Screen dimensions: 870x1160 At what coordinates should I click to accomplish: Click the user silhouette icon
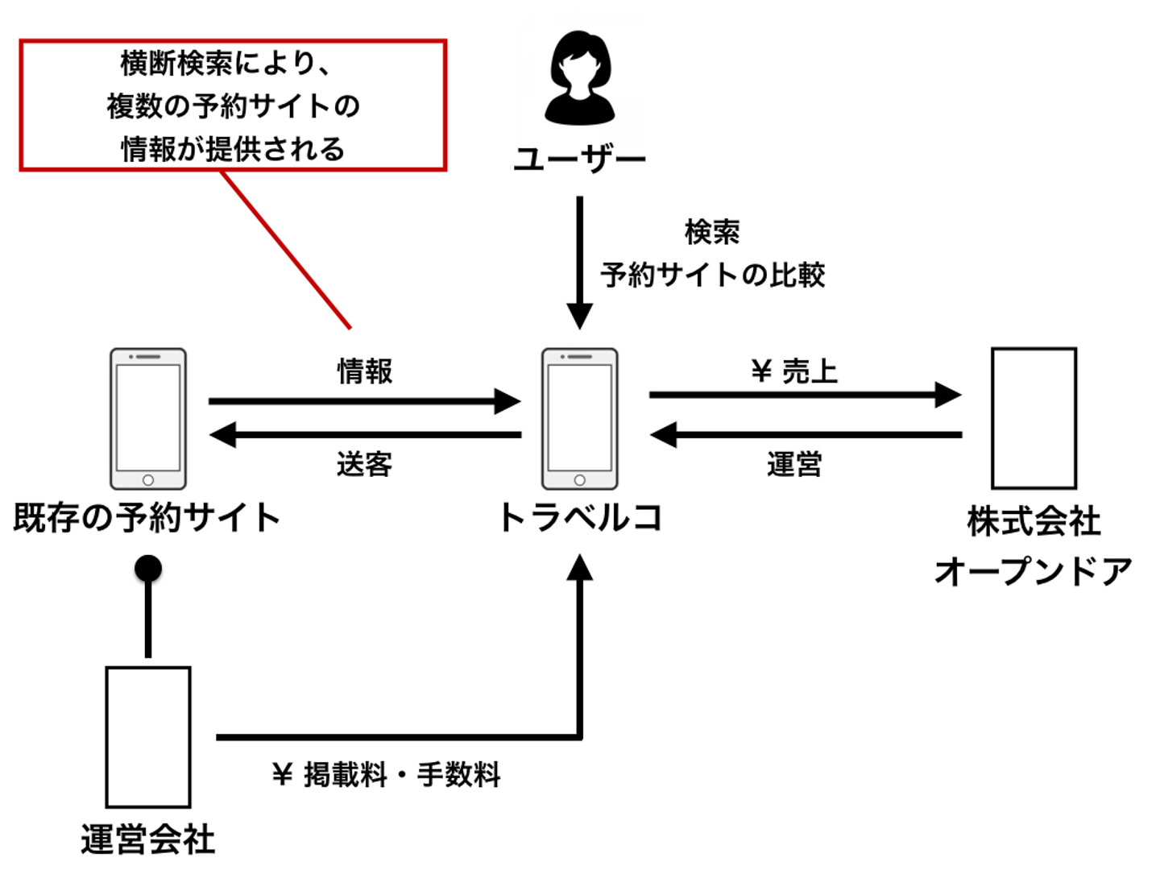pos(579,78)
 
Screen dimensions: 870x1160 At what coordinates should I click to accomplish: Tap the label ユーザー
pos(579,159)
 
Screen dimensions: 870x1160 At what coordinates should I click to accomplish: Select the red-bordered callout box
pos(233,105)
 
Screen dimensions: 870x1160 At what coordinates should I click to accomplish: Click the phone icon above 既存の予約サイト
pos(148,419)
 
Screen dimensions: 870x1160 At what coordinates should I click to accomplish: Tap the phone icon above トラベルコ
pos(579,419)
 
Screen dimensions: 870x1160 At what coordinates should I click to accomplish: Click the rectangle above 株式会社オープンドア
pos(1034,418)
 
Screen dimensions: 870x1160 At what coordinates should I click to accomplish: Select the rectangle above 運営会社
pos(148,736)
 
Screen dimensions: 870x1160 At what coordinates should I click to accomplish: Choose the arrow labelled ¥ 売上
pos(806,395)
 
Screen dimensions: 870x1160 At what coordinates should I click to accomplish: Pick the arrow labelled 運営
pos(806,435)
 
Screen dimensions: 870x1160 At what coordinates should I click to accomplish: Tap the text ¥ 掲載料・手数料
pos(387,775)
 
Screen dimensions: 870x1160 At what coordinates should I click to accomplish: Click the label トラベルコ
pos(579,517)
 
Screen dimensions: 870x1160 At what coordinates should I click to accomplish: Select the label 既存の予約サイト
pos(147,517)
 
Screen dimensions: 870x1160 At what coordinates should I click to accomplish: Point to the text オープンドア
pos(1034,571)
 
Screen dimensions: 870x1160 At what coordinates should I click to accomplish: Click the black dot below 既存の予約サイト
pos(148,569)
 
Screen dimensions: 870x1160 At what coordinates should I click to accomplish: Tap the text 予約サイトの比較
pos(713,275)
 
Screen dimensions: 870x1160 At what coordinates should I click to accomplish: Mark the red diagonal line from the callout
pos(286,249)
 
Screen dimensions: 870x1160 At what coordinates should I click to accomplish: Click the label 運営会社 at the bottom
pos(148,839)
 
